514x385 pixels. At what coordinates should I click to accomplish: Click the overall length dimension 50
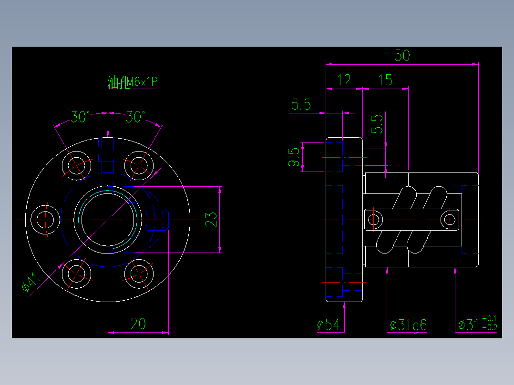click(x=402, y=56)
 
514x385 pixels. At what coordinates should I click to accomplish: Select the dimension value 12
click(x=344, y=80)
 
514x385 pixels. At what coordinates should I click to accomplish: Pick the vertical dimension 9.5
click(x=294, y=157)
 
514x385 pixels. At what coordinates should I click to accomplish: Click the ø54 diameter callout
click(x=329, y=325)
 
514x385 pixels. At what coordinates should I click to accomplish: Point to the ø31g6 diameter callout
click(x=408, y=325)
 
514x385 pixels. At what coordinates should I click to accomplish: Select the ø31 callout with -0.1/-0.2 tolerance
click(x=477, y=324)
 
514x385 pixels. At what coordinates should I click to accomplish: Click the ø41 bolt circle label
click(x=30, y=283)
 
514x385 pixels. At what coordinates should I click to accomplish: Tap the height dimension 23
click(x=211, y=219)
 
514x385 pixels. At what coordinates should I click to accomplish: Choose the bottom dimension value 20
click(x=138, y=324)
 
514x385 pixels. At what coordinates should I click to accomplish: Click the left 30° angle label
click(x=81, y=116)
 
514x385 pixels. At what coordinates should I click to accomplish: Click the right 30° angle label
click(x=136, y=116)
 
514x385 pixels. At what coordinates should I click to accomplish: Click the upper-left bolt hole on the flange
click(x=78, y=165)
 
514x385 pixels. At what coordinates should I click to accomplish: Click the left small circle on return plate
click(x=374, y=220)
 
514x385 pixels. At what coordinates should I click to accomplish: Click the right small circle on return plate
click(x=449, y=220)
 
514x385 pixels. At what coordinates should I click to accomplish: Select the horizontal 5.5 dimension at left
click(x=301, y=104)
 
